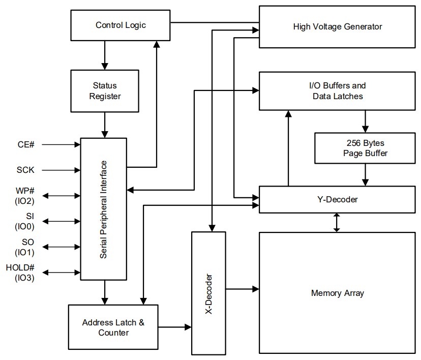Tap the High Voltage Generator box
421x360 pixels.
click(x=337, y=26)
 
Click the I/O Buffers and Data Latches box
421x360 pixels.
click(x=337, y=91)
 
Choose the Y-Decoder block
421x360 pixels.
click(x=337, y=199)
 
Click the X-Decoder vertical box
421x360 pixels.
click(x=208, y=292)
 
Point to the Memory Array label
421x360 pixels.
click(x=337, y=293)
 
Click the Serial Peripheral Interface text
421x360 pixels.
click(x=104, y=209)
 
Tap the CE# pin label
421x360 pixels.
click(x=25, y=144)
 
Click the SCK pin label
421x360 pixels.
click(x=25, y=170)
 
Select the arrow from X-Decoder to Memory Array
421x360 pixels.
click(x=242, y=289)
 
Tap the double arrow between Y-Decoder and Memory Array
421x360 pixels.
click(x=336, y=222)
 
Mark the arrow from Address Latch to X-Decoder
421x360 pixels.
click(x=174, y=327)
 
